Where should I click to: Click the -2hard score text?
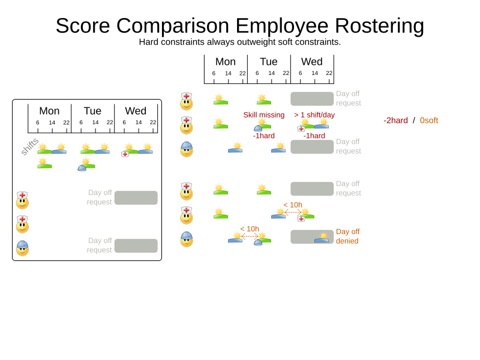395,121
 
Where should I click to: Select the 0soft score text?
429,121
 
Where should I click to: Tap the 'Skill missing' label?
264,115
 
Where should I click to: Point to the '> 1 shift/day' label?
314,115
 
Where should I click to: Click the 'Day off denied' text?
347,236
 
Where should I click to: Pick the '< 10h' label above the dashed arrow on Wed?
293,205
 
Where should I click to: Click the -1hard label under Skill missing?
264,136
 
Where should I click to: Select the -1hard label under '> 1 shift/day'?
314,136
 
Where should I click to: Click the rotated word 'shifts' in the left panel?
29,146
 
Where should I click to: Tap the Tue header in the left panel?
92,111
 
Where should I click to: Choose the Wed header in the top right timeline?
312,62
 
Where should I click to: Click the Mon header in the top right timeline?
226,62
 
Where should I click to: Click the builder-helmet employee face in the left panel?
22,248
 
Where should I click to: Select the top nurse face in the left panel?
22,200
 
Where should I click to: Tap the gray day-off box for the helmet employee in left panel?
136,246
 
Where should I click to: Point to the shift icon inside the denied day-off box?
322,238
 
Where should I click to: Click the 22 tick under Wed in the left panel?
153,122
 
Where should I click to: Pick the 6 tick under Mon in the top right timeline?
214,73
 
